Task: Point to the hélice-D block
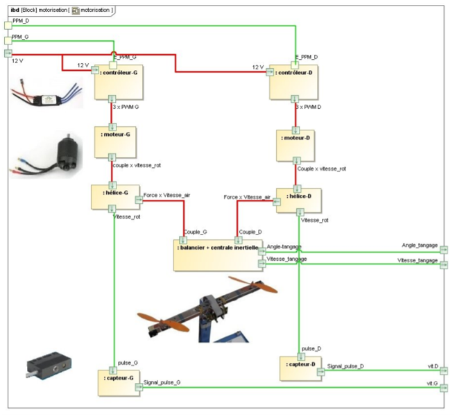(295, 200)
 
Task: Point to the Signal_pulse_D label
(345, 366)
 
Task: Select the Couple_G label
(196, 232)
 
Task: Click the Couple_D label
(250, 232)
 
